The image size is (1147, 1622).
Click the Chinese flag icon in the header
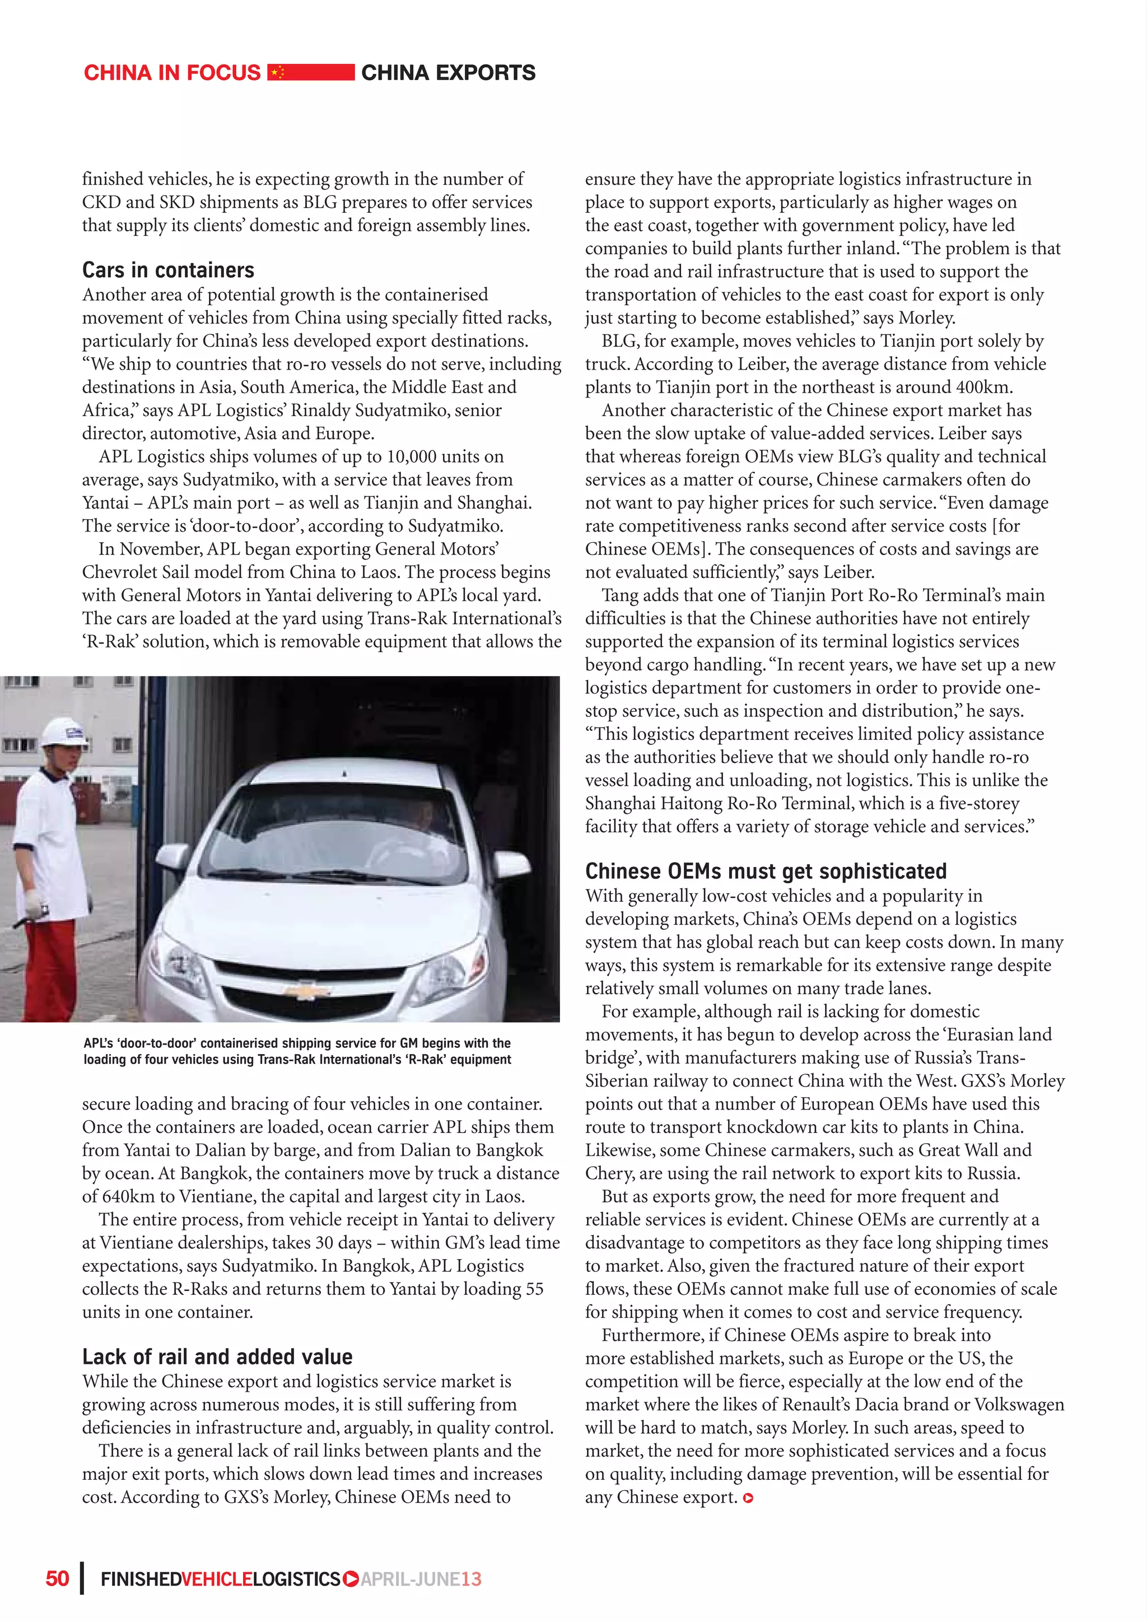(278, 72)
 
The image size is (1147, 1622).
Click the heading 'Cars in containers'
(168, 271)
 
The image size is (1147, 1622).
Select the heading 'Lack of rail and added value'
(217, 1357)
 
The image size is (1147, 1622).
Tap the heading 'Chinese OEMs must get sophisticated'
(766, 871)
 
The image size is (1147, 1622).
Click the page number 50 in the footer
(57, 1579)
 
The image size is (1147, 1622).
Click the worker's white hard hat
(62, 733)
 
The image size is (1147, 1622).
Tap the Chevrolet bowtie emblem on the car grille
(306, 990)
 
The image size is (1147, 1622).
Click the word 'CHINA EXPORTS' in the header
(448, 73)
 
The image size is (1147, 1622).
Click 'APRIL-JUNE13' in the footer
(421, 1579)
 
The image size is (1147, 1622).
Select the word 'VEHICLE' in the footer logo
(217, 1579)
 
